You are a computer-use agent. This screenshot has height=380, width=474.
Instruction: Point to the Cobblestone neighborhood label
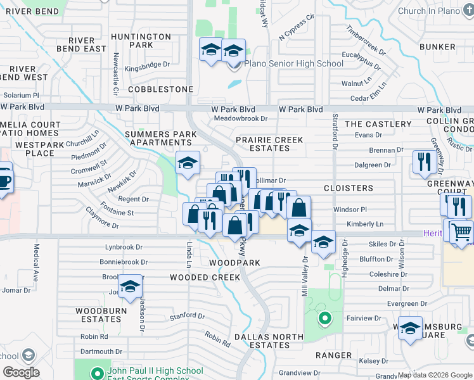click(160, 89)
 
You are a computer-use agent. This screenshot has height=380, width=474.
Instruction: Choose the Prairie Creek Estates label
click(269, 143)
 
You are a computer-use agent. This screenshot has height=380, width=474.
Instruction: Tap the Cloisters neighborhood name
click(349, 188)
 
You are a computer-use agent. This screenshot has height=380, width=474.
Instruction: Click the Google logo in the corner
click(21, 372)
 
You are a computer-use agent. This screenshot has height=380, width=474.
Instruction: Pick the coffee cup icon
click(3, 180)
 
